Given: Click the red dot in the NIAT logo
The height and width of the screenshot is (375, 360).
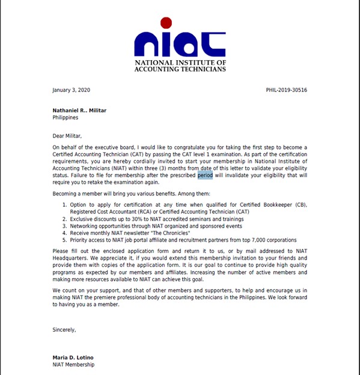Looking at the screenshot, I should click(x=166, y=23).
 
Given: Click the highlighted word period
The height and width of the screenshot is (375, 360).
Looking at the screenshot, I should click(x=205, y=175).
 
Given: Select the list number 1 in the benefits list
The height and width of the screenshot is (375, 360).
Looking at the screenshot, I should click(x=65, y=206).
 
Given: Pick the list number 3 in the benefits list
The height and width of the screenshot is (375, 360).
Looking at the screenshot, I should click(x=65, y=225).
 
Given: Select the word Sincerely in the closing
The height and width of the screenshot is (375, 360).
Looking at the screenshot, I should click(x=64, y=329).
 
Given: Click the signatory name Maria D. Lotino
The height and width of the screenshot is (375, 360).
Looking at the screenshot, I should click(x=76, y=358).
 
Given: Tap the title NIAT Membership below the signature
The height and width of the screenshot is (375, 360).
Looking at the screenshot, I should click(x=73, y=365).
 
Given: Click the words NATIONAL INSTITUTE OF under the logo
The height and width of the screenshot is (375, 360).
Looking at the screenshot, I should click(x=180, y=62).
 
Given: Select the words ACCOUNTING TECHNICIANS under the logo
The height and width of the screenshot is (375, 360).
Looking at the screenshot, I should click(x=180, y=69).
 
